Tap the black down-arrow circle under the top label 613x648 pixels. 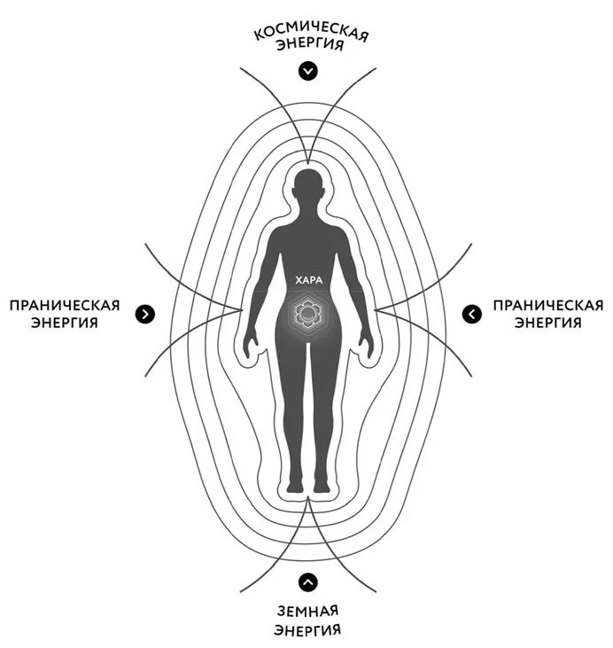click(x=307, y=71)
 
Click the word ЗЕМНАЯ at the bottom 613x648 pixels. click(x=307, y=612)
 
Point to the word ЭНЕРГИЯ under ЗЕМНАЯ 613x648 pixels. click(x=307, y=631)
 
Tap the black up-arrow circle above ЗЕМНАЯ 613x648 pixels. click(x=307, y=582)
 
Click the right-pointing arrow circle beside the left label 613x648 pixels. click(x=145, y=313)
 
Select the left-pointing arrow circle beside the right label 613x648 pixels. click(x=471, y=313)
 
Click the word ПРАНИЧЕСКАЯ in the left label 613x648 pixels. click(x=64, y=305)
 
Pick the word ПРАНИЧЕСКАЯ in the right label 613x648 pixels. click(x=547, y=305)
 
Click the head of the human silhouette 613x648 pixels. click(x=307, y=189)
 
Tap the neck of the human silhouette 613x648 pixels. click(x=307, y=215)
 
